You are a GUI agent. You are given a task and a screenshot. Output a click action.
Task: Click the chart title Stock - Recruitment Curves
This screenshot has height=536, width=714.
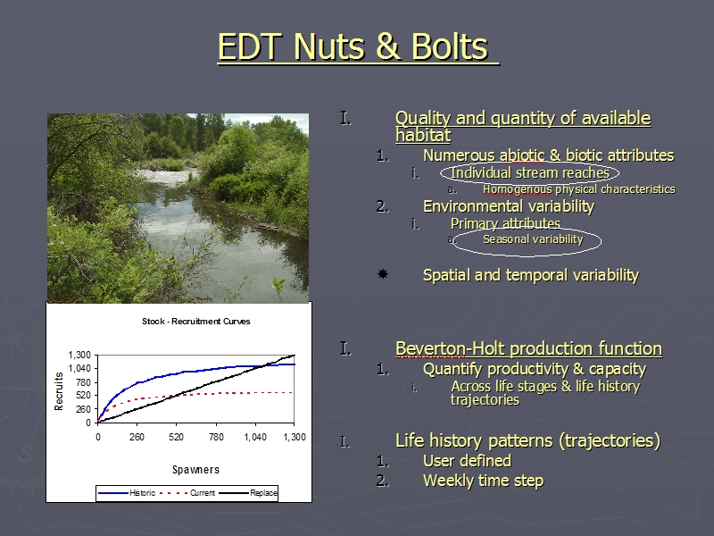(196, 322)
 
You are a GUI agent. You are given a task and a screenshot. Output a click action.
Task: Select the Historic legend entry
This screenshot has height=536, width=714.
(127, 493)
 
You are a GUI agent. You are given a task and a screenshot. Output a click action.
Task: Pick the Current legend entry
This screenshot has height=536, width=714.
(188, 493)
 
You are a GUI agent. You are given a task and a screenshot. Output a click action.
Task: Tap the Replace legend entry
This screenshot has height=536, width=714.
(248, 493)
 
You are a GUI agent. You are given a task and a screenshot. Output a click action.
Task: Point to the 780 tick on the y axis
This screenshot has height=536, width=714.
(84, 382)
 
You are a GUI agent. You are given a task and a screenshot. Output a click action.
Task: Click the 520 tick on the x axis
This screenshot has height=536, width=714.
(176, 437)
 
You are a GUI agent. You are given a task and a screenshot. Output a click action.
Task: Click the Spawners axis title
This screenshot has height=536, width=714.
(195, 470)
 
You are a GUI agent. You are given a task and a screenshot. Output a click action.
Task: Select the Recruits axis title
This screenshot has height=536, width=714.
(59, 391)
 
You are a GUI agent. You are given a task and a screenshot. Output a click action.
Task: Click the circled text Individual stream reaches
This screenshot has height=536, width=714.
(530, 172)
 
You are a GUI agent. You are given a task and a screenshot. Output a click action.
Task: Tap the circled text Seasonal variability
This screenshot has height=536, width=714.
(533, 239)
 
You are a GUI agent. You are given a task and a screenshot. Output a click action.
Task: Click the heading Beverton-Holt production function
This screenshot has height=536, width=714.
(528, 348)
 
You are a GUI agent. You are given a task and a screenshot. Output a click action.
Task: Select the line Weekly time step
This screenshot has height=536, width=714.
(483, 481)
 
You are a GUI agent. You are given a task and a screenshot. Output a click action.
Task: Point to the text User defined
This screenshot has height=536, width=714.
(467, 461)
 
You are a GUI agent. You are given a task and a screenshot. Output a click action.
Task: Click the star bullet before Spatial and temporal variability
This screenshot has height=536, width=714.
(383, 274)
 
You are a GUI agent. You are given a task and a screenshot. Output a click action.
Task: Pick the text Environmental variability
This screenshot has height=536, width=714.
(509, 206)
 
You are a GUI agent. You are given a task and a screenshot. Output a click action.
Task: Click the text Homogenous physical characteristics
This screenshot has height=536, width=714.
(578, 189)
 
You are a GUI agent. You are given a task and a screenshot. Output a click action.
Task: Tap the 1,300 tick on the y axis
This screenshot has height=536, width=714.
(79, 355)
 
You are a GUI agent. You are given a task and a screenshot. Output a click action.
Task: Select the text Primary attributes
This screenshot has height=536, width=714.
(505, 224)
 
